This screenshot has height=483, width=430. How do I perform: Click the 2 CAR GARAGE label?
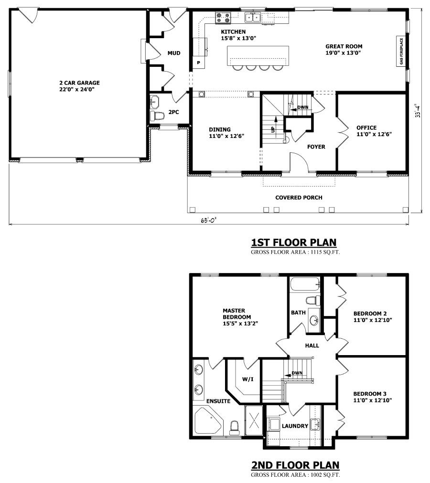(80, 86)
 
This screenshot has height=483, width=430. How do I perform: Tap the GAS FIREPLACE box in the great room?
(401, 52)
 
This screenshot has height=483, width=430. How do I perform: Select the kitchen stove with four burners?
(223, 18)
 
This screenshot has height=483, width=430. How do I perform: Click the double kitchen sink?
(253, 18)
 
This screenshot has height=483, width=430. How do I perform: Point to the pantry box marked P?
(199, 63)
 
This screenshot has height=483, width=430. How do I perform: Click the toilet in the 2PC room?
(156, 116)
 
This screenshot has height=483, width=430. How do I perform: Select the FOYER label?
(316, 147)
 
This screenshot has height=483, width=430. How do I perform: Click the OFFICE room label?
(366, 127)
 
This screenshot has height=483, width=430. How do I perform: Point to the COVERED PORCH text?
(299, 198)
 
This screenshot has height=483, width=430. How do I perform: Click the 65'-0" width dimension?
(208, 220)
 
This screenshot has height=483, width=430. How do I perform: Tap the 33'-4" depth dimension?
(418, 111)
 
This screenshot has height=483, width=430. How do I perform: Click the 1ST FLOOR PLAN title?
(294, 242)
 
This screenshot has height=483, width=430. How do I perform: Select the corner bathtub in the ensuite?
(208, 420)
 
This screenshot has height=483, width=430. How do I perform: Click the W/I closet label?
(247, 379)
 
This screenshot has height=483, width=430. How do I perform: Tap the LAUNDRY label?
(295, 426)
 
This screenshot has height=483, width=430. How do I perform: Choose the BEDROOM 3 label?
(370, 394)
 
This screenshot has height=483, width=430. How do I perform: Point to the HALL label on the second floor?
(312, 346)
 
